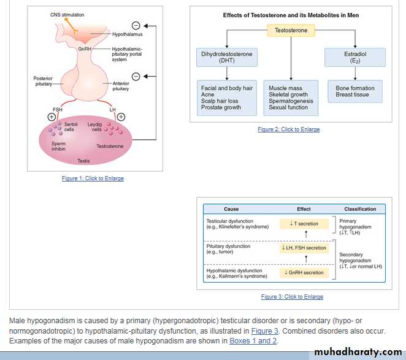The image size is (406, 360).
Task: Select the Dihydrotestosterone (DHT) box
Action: (x=226, y=58)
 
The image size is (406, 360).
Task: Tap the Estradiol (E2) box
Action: (x=355, y=58)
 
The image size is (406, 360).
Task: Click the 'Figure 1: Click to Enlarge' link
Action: (x=93, y=178)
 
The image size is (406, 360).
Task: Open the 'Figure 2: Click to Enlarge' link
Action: (x=288, y=129)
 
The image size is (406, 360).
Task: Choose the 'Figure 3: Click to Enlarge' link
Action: (x=292, y=297)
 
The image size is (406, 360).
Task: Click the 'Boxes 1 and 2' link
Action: (x=253, y=340)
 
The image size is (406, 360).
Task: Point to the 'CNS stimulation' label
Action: (x=67, y=15)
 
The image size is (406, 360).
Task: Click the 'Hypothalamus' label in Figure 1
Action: (x=128, y=34)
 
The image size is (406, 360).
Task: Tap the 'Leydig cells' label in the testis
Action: (x=95, y=127)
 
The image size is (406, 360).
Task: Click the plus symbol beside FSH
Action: (x=52, y=117)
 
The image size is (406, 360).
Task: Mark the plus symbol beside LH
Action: (x=121, y=117)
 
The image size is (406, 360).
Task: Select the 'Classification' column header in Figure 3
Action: (x=360, y=209)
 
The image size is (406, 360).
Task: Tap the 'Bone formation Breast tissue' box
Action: (x=355, y=92)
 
